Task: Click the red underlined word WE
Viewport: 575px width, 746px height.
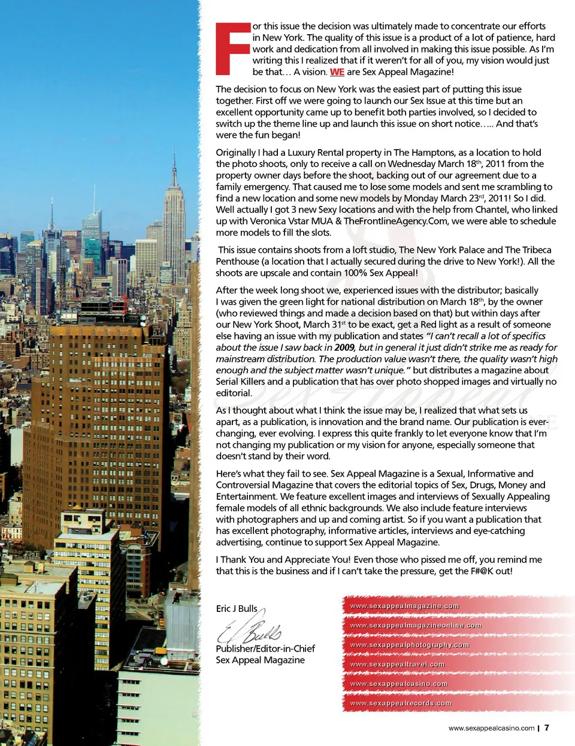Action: point(337,72)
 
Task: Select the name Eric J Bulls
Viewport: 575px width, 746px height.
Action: point(237,608)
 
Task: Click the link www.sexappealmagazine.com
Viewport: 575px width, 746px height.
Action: point(404,606)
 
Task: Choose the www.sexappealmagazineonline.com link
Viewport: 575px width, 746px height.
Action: point(415,625)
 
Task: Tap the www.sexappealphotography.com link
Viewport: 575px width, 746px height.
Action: point(409,645)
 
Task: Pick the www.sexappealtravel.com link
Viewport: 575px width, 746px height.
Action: point(397,664)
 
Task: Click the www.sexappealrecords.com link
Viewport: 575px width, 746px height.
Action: point(400,703)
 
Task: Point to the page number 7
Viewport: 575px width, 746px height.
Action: point(547,728)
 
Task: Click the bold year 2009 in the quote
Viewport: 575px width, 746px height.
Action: point(344,347)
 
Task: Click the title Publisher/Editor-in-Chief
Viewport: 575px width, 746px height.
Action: point(265,648)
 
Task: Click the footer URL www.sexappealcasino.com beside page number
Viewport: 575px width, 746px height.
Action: point(491,729)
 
